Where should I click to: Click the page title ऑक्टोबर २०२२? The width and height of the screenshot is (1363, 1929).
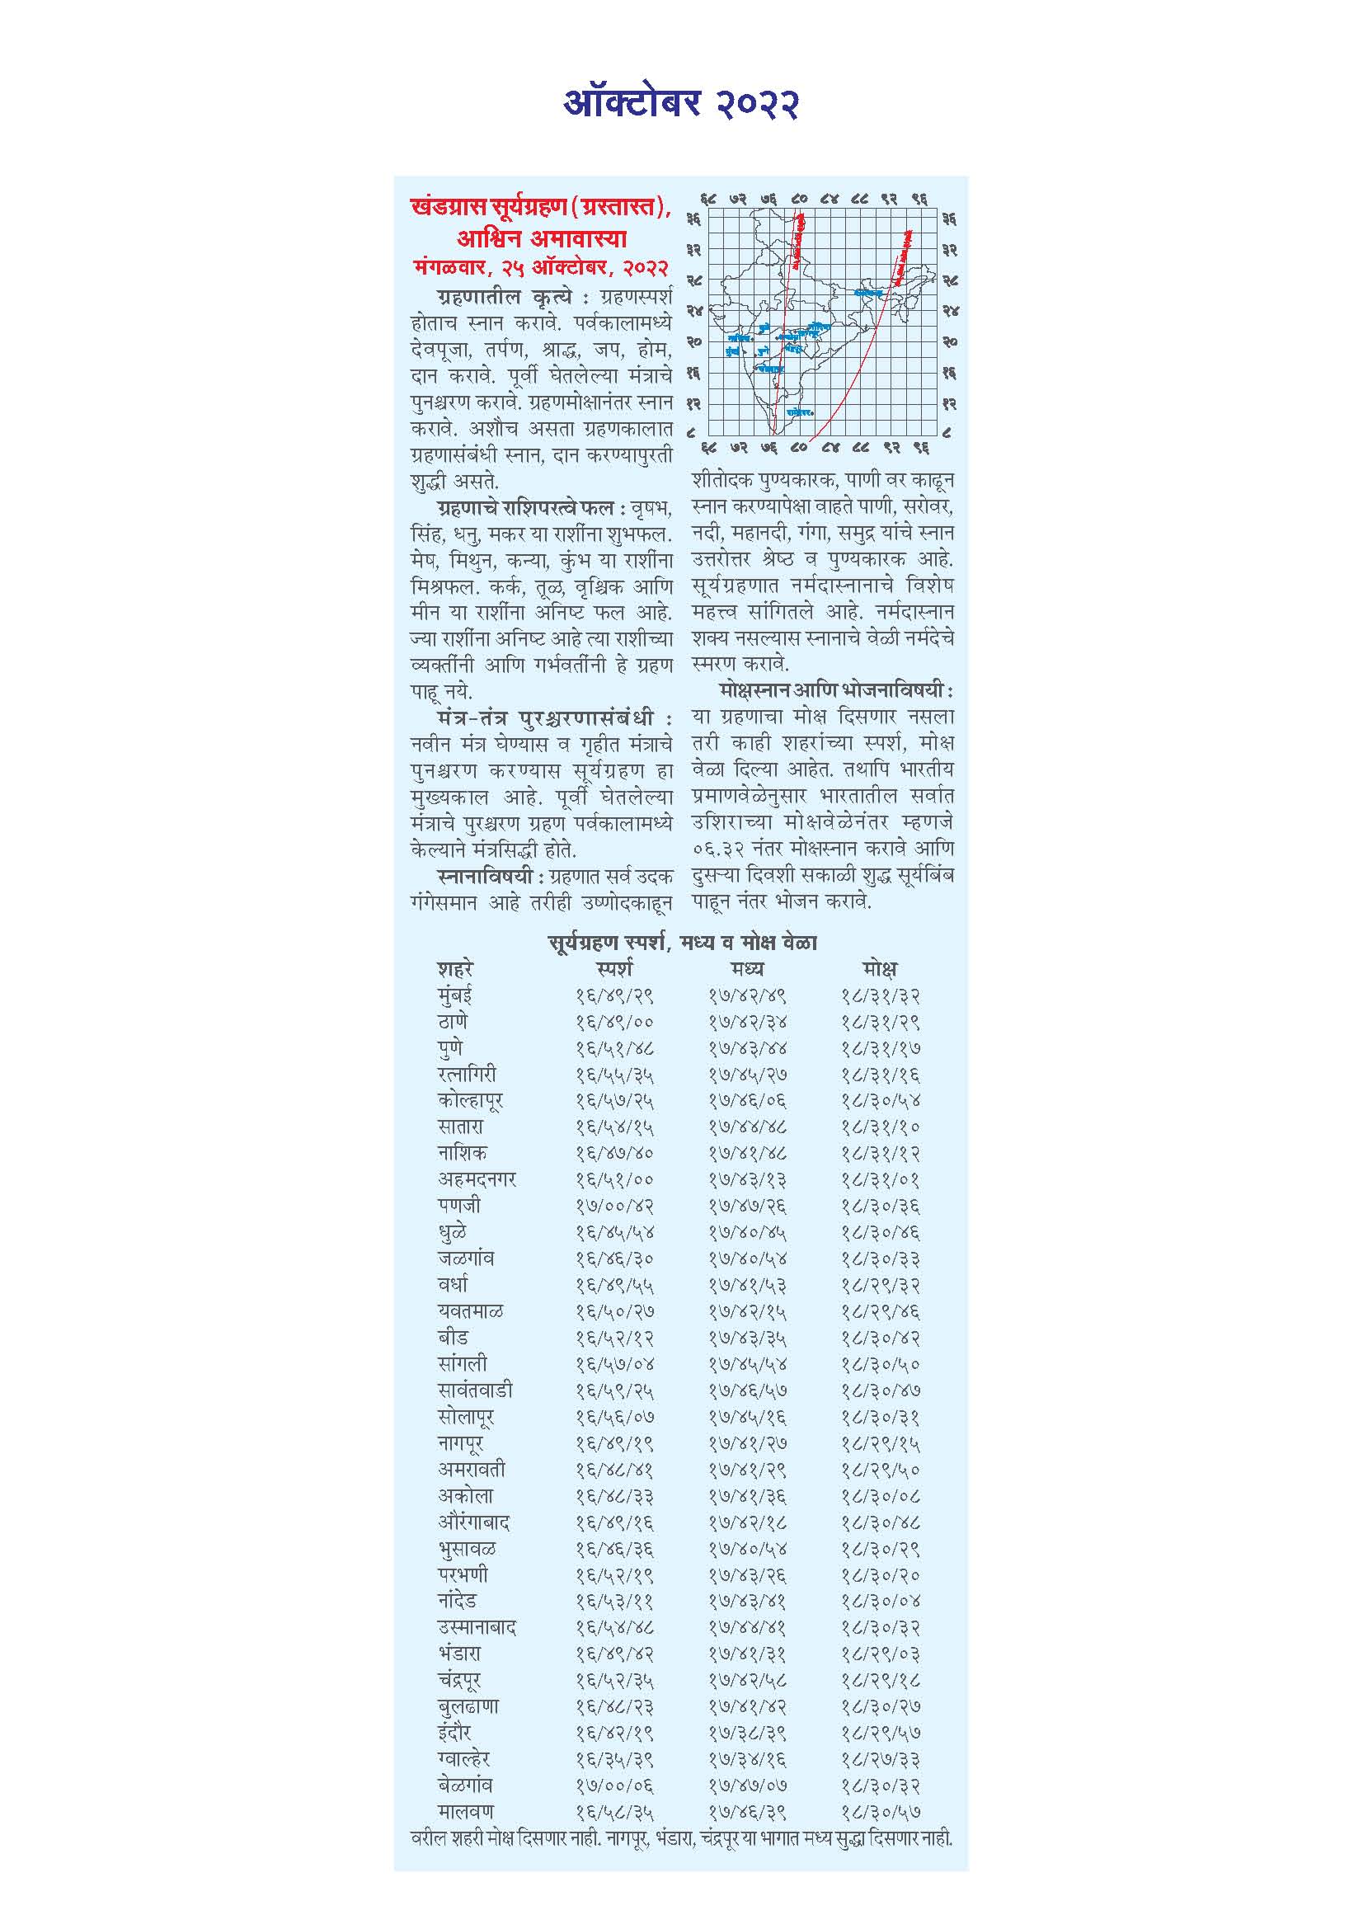[680, 104]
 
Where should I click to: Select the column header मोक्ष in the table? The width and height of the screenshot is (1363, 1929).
[878, 968]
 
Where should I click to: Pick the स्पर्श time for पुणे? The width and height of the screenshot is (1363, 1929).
[615, 1048]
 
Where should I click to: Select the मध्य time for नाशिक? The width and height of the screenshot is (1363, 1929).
[746, 1153]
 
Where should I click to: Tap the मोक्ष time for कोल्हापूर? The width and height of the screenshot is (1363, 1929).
[879, 1101]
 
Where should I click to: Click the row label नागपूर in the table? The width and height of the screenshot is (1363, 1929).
[460, 1443]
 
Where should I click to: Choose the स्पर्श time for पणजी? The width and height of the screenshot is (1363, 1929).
[615, 1206]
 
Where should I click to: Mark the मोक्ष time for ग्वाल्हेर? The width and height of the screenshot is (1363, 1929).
[879, 1758]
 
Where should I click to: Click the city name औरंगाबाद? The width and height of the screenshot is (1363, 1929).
[473, 1522]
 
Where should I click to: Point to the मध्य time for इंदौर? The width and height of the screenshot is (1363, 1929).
[746, 1733]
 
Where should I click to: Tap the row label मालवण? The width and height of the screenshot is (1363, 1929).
[465, 1811]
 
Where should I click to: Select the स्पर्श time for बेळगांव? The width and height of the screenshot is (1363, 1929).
[615, 1786]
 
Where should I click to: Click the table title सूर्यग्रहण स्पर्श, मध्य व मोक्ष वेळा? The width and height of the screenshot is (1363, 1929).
[681, 943]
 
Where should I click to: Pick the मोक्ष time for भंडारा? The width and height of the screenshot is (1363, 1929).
[879, 1654]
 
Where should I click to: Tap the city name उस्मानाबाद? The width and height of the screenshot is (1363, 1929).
[476, 1627]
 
